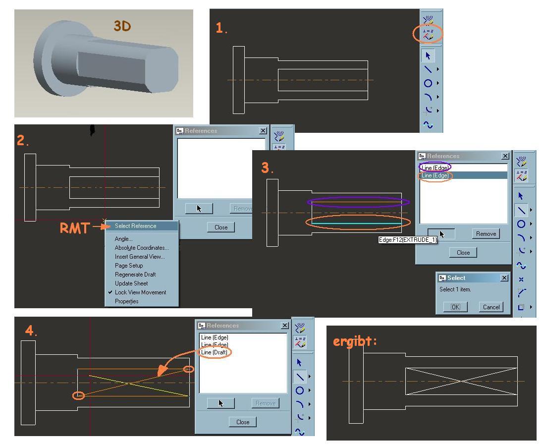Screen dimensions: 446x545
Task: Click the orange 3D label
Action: click(122, 26)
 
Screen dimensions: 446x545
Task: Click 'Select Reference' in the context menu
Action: click(135, 226)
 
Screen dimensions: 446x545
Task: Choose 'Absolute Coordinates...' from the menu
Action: click(141, 248)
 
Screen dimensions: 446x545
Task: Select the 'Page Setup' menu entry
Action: click(129, 266)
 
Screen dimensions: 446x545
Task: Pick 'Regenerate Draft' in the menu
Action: click(135, 275)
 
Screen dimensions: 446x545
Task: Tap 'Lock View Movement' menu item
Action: click(140, 292)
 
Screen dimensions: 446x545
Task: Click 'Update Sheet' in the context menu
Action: click(131, 283)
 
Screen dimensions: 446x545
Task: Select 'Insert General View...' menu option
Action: click(140, 257)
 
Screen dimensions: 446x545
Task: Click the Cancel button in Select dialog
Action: click(491, 307)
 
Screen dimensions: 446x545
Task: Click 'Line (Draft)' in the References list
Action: click(215, 352)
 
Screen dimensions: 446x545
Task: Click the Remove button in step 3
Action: click(486, 234)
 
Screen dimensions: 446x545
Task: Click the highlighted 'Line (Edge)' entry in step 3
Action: click(436, 175)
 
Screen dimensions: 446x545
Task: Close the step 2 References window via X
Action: click(263, 131)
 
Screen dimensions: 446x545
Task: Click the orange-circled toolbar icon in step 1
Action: click(428, 34)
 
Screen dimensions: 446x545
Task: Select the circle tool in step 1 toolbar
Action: click(428, 83)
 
